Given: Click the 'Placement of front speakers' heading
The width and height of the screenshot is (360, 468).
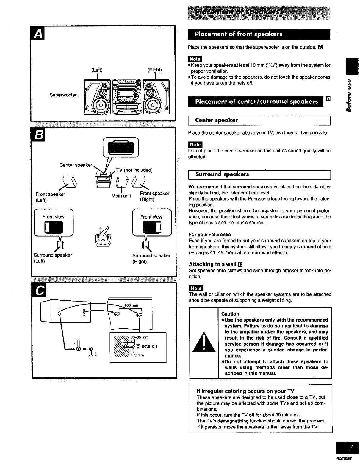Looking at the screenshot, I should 238,34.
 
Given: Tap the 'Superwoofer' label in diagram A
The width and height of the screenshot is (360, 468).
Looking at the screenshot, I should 63,95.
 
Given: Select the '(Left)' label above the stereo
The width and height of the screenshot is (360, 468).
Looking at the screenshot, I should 96,70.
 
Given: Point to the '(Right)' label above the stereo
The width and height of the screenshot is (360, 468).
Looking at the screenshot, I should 154,70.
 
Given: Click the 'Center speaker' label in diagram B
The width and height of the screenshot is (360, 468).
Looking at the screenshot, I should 76,165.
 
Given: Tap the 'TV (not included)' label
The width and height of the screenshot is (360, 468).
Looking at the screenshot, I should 134,170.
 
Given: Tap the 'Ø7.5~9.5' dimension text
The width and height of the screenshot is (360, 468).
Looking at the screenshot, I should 149,347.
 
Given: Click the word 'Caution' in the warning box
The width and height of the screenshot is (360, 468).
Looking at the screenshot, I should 230,314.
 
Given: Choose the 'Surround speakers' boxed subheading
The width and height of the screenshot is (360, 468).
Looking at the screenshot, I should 222,174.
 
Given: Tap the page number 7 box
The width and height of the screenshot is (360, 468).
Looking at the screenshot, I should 347,448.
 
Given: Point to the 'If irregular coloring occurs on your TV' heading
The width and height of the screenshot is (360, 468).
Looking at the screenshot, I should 245,391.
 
